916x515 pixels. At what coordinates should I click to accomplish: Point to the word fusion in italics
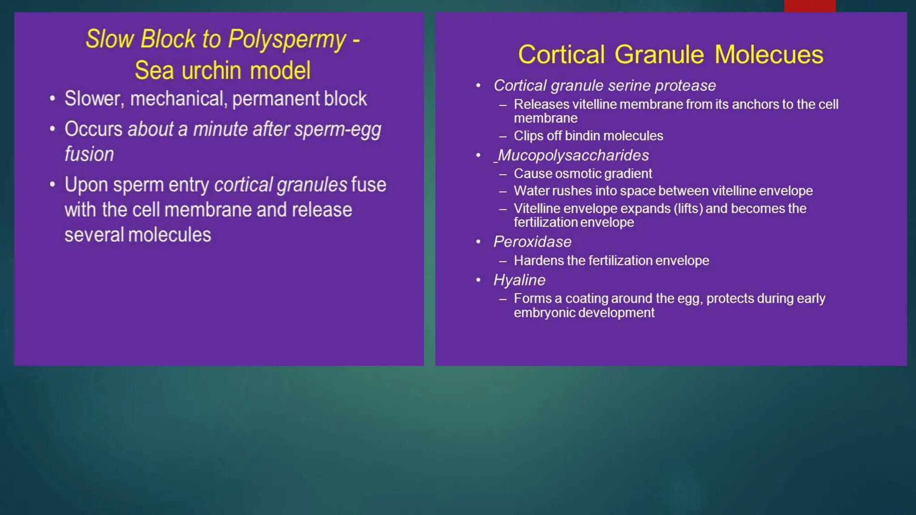tap(89, 154)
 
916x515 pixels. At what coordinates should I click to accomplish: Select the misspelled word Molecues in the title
tap(768, 55)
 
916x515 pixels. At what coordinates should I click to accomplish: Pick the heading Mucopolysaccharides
tap(573, 155)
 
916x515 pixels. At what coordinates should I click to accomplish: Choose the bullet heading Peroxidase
tap(532, 242)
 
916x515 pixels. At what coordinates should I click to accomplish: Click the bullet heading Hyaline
tap(519, 280)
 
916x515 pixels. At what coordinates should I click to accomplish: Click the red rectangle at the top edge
tap(810, 6)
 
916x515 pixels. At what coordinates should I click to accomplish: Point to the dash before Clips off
tap(503, 136)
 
